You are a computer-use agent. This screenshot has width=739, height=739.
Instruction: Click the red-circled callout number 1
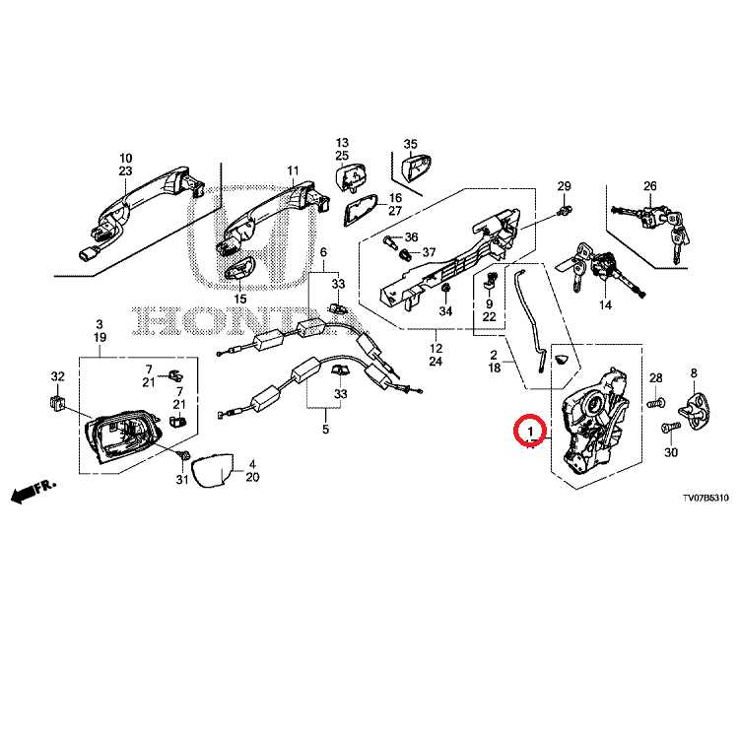(530, 432)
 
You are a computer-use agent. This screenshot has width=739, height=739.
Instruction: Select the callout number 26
(649, 186)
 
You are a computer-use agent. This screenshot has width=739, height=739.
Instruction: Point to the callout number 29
(564, 186)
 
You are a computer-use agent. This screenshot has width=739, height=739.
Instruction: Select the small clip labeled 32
(57, 401)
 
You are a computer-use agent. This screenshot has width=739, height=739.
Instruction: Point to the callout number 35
(411, 144)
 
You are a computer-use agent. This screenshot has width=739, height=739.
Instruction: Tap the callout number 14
(605, 306)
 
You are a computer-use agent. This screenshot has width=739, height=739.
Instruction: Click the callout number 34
(445, 311)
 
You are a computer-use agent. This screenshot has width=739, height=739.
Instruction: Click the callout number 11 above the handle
(293, 171)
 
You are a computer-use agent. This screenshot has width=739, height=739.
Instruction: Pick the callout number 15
(239, 299)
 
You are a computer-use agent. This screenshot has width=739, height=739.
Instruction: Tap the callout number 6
(322, 253)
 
